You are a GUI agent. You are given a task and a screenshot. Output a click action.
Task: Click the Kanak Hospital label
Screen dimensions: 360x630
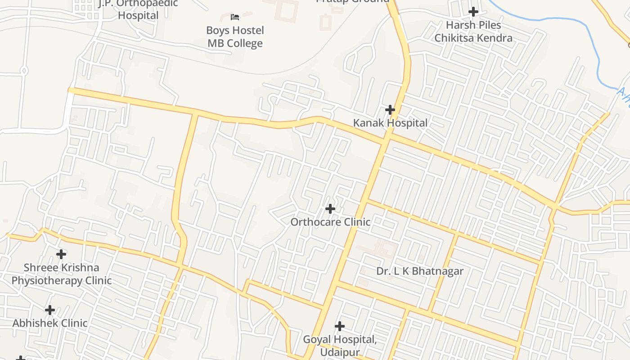point(390,122)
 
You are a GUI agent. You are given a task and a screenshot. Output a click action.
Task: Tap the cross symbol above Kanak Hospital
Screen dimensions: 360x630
point(390,109)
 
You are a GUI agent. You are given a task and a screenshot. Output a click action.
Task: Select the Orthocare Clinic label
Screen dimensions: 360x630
point(330,222)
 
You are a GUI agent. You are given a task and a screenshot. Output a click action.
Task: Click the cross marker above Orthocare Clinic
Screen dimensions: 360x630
point(330,208)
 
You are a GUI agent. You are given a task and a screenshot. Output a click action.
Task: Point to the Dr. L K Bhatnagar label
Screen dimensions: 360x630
point(420,271)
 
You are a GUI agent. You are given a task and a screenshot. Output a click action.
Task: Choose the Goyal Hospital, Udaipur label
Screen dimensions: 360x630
point(340,345)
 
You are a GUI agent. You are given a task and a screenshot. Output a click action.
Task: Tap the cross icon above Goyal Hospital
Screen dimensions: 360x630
point(340,326)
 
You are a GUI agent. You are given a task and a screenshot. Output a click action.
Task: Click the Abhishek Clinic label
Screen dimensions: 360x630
point(50,323)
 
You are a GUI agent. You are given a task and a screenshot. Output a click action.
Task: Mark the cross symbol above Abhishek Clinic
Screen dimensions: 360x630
point(50,310)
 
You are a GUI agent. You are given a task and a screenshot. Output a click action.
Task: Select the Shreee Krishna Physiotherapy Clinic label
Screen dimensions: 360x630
point(61,274)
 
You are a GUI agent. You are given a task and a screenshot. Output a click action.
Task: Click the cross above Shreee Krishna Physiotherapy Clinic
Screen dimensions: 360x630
point(61,254)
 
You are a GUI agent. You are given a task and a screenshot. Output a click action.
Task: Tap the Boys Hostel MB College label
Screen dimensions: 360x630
point(235,37)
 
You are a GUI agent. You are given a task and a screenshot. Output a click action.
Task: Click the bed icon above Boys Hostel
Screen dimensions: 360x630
point(235,17)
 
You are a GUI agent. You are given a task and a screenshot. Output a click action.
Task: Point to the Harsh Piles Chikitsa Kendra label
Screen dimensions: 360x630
point(473,31)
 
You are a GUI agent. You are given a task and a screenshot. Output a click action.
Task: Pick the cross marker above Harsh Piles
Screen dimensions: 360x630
point(473,12)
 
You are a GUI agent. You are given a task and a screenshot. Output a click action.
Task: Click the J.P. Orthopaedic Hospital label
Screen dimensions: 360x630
point(138,9)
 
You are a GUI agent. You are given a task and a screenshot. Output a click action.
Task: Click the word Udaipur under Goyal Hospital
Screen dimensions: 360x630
point(340,352)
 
